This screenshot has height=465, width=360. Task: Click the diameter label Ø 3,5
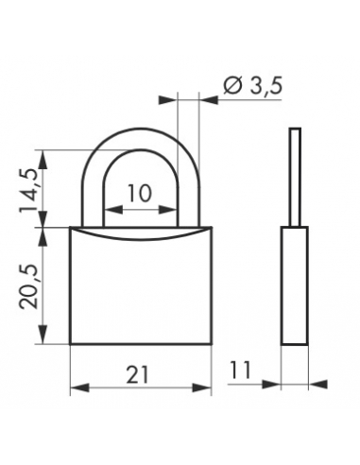tap(252, 85)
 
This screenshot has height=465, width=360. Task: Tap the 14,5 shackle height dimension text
tap(29, 190)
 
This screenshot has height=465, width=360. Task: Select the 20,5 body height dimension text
tap(29, 286)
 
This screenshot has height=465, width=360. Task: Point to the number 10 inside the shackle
tap(140, 193)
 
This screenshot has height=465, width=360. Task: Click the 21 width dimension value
tap(137, 374)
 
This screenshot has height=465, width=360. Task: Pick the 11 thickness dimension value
tap(240, 370)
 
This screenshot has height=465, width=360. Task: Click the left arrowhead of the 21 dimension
tap(80, 387)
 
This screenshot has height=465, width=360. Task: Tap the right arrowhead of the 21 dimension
tap(201, 387)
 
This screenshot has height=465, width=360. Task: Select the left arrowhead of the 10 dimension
tap(113, 209)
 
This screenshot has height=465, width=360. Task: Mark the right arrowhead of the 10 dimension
tap(167, 209)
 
